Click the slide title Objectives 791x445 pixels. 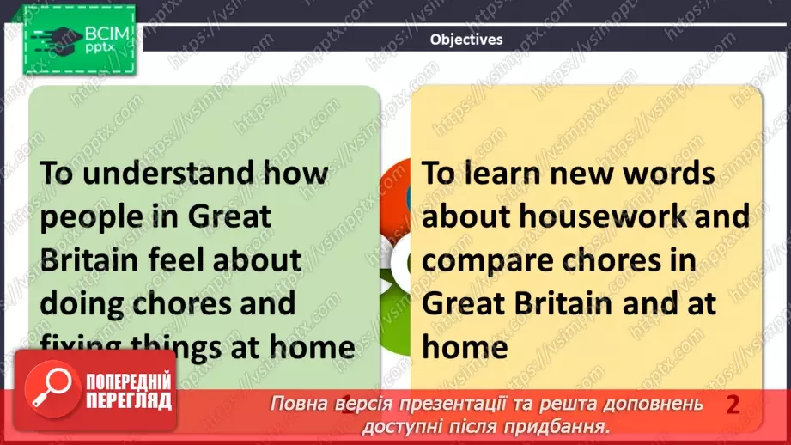click(466, 39)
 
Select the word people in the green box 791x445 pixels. click(90, 217)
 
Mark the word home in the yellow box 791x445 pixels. click(465, 347)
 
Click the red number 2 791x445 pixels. click(733, 405)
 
